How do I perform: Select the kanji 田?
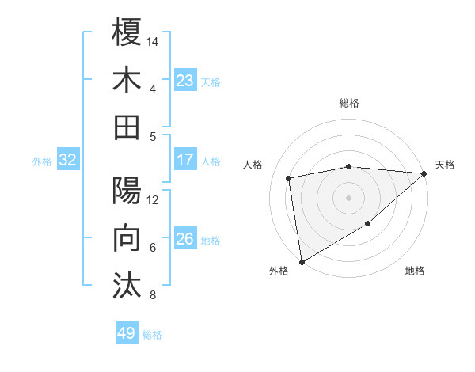tap(127, 127)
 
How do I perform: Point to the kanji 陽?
tap(127, 191)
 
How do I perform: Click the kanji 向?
tap(127, 238)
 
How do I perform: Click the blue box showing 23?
tap(185, 80)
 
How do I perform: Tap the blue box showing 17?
tap(185, 160)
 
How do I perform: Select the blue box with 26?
tap(185, 239)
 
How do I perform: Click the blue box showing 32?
tap(67, 160)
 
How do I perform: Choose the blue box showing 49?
tap(127, 333)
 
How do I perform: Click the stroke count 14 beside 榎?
tap(153, 40)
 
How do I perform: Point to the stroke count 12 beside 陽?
tap(153, 199)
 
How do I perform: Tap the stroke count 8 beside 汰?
tap(152, 295)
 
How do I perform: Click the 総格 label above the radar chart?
tap(349, 103)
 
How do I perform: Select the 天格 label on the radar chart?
tap(445, 165)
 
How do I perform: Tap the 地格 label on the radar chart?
tap(415, 271)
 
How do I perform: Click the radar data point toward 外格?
tap(302, 262)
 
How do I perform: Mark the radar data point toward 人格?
tap(290, 178)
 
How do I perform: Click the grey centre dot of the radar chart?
tap(349, 197)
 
